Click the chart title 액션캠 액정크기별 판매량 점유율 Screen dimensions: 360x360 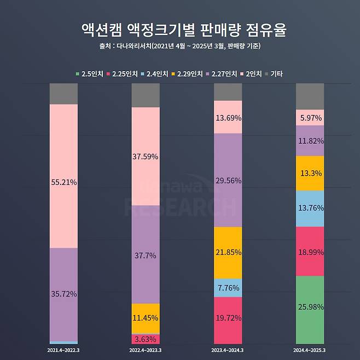tap(179, 30)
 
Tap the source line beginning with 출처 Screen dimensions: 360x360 tap(179, 46)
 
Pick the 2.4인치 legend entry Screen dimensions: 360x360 tap(156, 73)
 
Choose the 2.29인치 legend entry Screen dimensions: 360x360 tap(188, 73)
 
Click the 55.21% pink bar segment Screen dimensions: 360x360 tap(63, 175)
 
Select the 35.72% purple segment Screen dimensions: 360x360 tap(63, 294)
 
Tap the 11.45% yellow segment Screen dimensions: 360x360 tap(146, 318)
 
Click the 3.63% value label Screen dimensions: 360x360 tap(146, 339)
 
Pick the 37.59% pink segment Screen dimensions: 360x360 tap(146, 156)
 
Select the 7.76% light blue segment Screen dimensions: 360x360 tap(228, 288)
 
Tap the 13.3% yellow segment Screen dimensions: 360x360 tap(310, 173)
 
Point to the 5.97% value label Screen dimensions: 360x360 tap(310, 117)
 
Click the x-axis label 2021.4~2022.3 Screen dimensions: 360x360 tap(63, 349)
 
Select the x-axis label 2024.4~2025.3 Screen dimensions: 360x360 tap(310, 349)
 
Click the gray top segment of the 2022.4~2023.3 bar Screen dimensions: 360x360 tap(146, 95)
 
